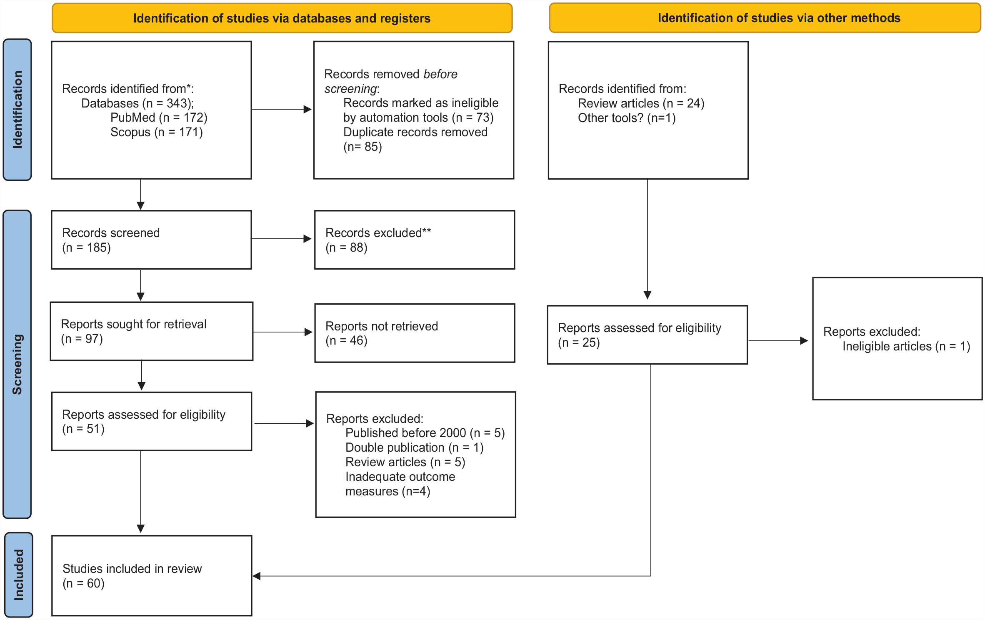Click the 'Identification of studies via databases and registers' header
coord(282,18)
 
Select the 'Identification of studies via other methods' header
coord(765,18)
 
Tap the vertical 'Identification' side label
coord(17,110)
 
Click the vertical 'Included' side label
coord(19,575)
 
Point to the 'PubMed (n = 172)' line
coord(159,117)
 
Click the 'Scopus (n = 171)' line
coord(156,132)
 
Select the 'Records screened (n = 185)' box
coord(151,240)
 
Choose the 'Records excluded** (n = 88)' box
coord(415,240)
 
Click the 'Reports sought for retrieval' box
coord(151,331)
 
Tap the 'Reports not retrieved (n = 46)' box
coord(415,333)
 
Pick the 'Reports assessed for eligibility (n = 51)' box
coord(152,421)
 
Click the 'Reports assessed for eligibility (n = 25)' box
coord(647,335)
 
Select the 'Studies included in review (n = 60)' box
coord(152,576)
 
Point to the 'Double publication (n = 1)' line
coord(415,447)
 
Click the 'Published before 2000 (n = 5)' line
coord(425,433)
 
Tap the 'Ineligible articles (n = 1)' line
coord(906,346)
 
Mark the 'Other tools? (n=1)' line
coord(627,118)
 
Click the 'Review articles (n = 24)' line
coord(641,103)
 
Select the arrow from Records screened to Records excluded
coord(282,239)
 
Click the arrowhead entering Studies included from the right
coord(257,576)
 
